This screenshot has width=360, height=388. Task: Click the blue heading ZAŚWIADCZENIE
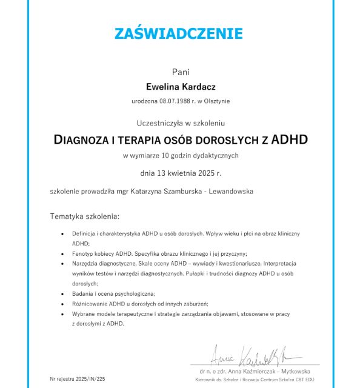179,33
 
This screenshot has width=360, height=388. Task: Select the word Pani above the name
180,72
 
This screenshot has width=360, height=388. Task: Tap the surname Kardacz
197,87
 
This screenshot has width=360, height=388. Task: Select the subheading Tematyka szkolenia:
85,216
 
